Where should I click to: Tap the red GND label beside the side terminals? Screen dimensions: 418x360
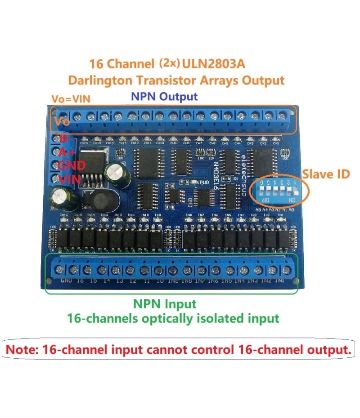click(x=72, y=165)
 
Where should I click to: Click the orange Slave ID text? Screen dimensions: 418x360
click(x=326, y=174)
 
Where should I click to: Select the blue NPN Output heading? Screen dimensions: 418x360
click(x=164, y=96)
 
